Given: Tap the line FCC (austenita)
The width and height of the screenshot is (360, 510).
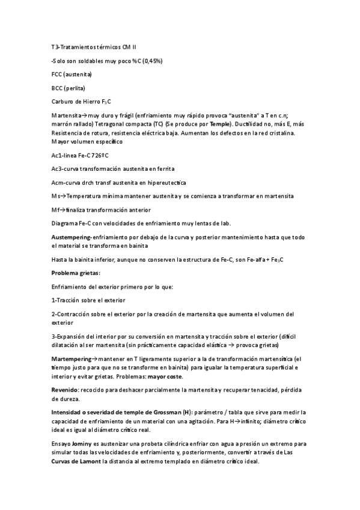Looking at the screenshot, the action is pyautogui.click(x=72, y=74).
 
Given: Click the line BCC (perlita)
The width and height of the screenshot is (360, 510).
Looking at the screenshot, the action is pyautogui.click(x=70, y=88).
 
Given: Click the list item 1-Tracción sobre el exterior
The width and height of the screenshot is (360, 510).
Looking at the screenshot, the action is pyautogui.click(x=88, y=300).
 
